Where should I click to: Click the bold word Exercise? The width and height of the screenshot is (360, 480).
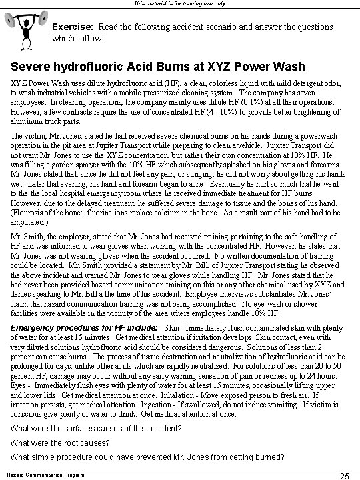(74, 27)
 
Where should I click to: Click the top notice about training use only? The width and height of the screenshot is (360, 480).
(180, 3)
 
